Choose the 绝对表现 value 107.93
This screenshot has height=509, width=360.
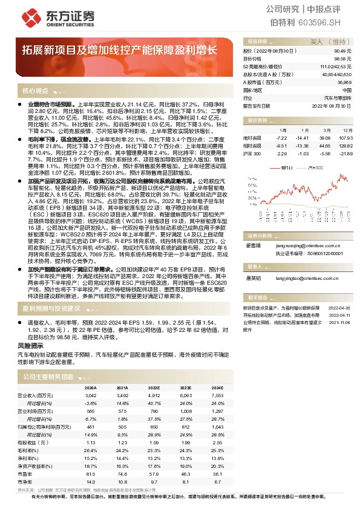345,138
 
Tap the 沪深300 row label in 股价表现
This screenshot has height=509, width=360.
252,154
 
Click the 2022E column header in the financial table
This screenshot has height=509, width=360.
154,387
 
